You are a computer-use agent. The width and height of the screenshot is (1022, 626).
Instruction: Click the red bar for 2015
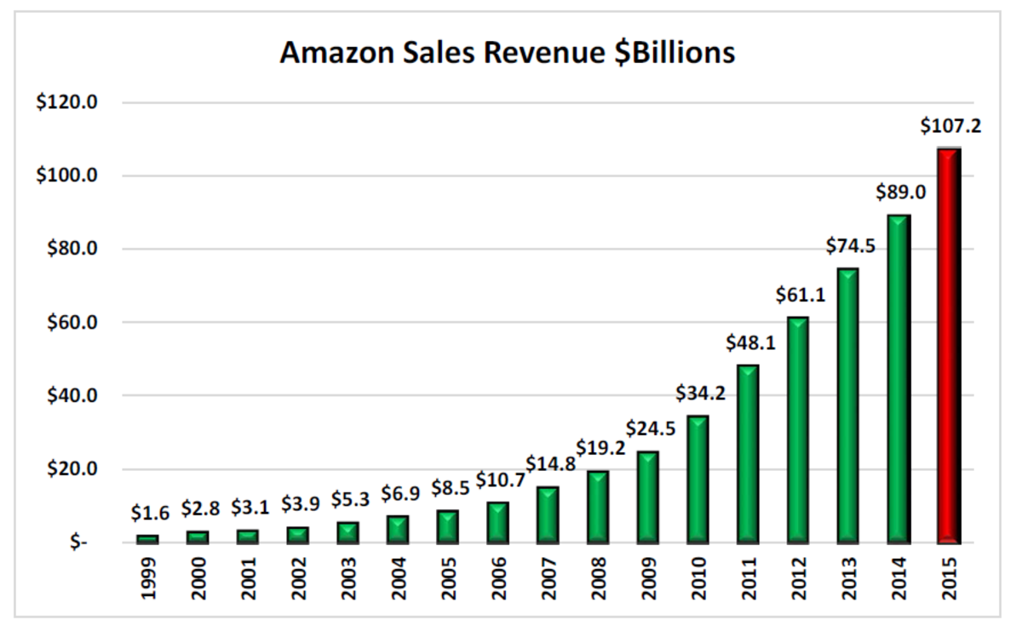pos(949,345)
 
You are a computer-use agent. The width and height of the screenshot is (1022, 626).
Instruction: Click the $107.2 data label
pos(950,127)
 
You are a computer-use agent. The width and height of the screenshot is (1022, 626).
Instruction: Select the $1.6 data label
pos(150,513)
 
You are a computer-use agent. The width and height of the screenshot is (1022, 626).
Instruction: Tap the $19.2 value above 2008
pos(600,448)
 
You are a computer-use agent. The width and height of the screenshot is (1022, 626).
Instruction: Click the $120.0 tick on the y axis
pos(67,102)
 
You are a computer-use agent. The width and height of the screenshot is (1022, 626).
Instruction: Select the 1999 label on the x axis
pos(148,578)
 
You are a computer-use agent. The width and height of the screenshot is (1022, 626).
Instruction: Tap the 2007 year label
pos(549,578)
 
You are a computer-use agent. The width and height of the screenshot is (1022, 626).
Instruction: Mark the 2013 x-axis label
pos(849,578)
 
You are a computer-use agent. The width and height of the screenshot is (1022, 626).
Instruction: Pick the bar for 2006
pos(497,522)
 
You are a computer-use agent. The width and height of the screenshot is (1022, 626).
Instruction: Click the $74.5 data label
pos(849,246)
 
